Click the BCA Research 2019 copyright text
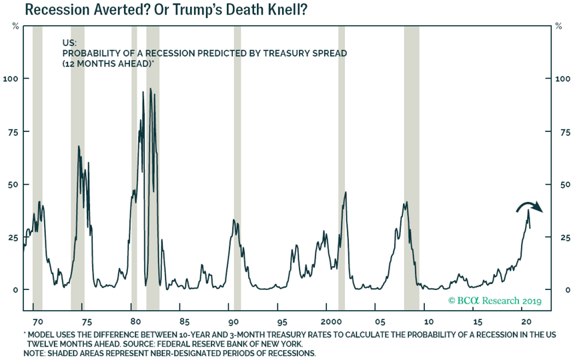pyautogui.click(x=494, y=301)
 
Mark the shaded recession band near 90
pyautogui.click(x=237, y=167)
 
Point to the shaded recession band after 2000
pyautogui.click(x=342, y=167)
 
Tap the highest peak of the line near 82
pyautogui.click(x=151, y=89)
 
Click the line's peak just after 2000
pyautogui.click(x=346, y=193)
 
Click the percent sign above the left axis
pyautogui.click(x=15, y=26)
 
